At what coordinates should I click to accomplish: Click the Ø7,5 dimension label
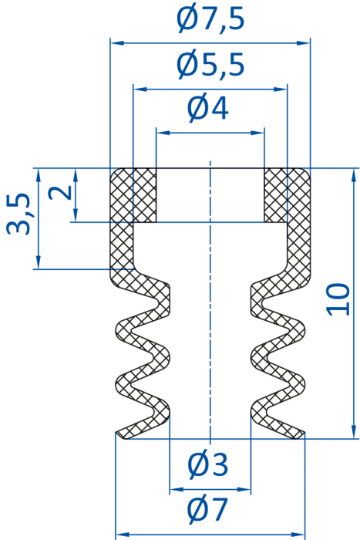click(x=210, y=19)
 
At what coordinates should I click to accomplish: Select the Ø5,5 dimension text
click(x=210, y=65)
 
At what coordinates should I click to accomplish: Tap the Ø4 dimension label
click(x=208, y=108)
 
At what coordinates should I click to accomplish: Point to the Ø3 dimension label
click(x=208, y=464)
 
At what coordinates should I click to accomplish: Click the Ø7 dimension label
click(x=207, y=509)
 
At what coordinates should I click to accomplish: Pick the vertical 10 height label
click(x=338, y=299)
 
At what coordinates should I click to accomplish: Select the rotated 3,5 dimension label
click(x=19, y=214)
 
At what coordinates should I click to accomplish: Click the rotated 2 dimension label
click(x=60, y=192)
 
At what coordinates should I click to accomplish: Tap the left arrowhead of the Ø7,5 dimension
click(x=117, y=43)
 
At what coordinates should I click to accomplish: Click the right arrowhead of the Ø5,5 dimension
click(x=281, y=89)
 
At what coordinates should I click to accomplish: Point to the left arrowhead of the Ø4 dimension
click(x=163, y=133)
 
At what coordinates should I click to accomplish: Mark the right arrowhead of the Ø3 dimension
click(x=244, y=489)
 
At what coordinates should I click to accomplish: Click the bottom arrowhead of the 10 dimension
click(x=354, y=432)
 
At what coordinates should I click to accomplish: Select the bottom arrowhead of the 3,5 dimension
click(x=39, y=262)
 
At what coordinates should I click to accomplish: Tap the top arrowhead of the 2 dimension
click(x=76, y=175)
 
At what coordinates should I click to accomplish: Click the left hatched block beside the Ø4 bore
click(x=145, y=195)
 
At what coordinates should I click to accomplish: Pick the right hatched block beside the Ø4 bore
click(x=276, y=195)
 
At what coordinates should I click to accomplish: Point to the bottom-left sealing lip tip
click(x=117, y=434)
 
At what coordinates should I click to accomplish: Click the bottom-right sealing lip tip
click(x=303, y=434)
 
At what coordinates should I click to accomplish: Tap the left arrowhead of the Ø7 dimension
click(x=122, y=535)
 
